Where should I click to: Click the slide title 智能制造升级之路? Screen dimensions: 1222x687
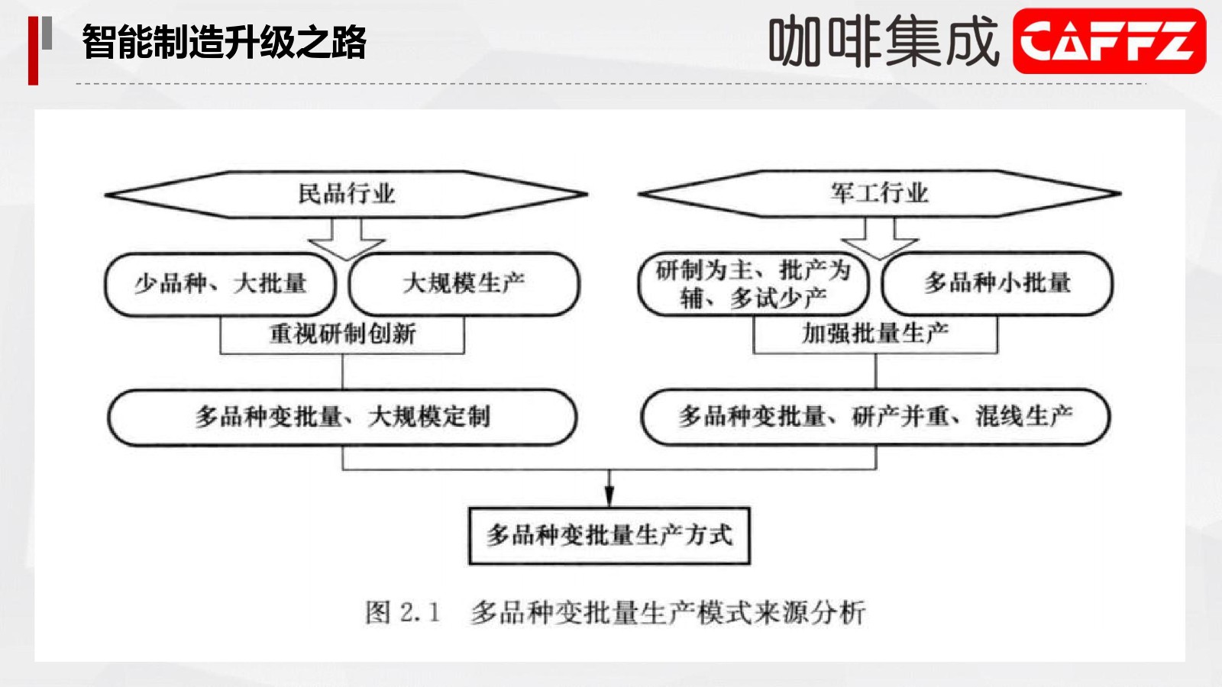[x=225, y=42]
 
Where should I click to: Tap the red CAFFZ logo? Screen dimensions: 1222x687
[x=1109, y=41]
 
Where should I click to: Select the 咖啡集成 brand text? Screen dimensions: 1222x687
[x=884, y=41]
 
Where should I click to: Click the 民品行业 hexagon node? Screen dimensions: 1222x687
[x=346, y=194]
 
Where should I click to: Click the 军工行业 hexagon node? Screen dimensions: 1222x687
[x=879, y=194]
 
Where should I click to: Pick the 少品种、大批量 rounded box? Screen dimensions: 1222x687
[x=220, y=284]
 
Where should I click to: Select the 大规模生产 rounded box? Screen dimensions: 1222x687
[x=464, y=284]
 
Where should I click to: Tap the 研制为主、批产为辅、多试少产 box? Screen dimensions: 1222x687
[x=753, y=283]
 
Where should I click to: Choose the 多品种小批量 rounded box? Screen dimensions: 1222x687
[x=997, y=283]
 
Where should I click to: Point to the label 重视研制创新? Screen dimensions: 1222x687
[x=343, y=334]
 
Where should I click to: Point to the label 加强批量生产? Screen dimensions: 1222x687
[x=875, y=333]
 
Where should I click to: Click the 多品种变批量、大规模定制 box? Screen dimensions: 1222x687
[x=343, y=418]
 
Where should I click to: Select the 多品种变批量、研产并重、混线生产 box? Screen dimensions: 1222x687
[x=875, y=417]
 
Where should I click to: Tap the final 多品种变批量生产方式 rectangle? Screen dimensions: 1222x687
[x=609, y=536]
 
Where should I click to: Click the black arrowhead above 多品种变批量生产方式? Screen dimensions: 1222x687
[x=609, y=495]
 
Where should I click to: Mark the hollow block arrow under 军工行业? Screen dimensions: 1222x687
[x=879, y=239]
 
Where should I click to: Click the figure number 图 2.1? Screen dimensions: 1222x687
[x=402, y=612]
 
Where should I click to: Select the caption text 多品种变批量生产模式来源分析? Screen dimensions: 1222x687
[x=668, y=612]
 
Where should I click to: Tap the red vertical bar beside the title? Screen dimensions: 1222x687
[x=34, y=50]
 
